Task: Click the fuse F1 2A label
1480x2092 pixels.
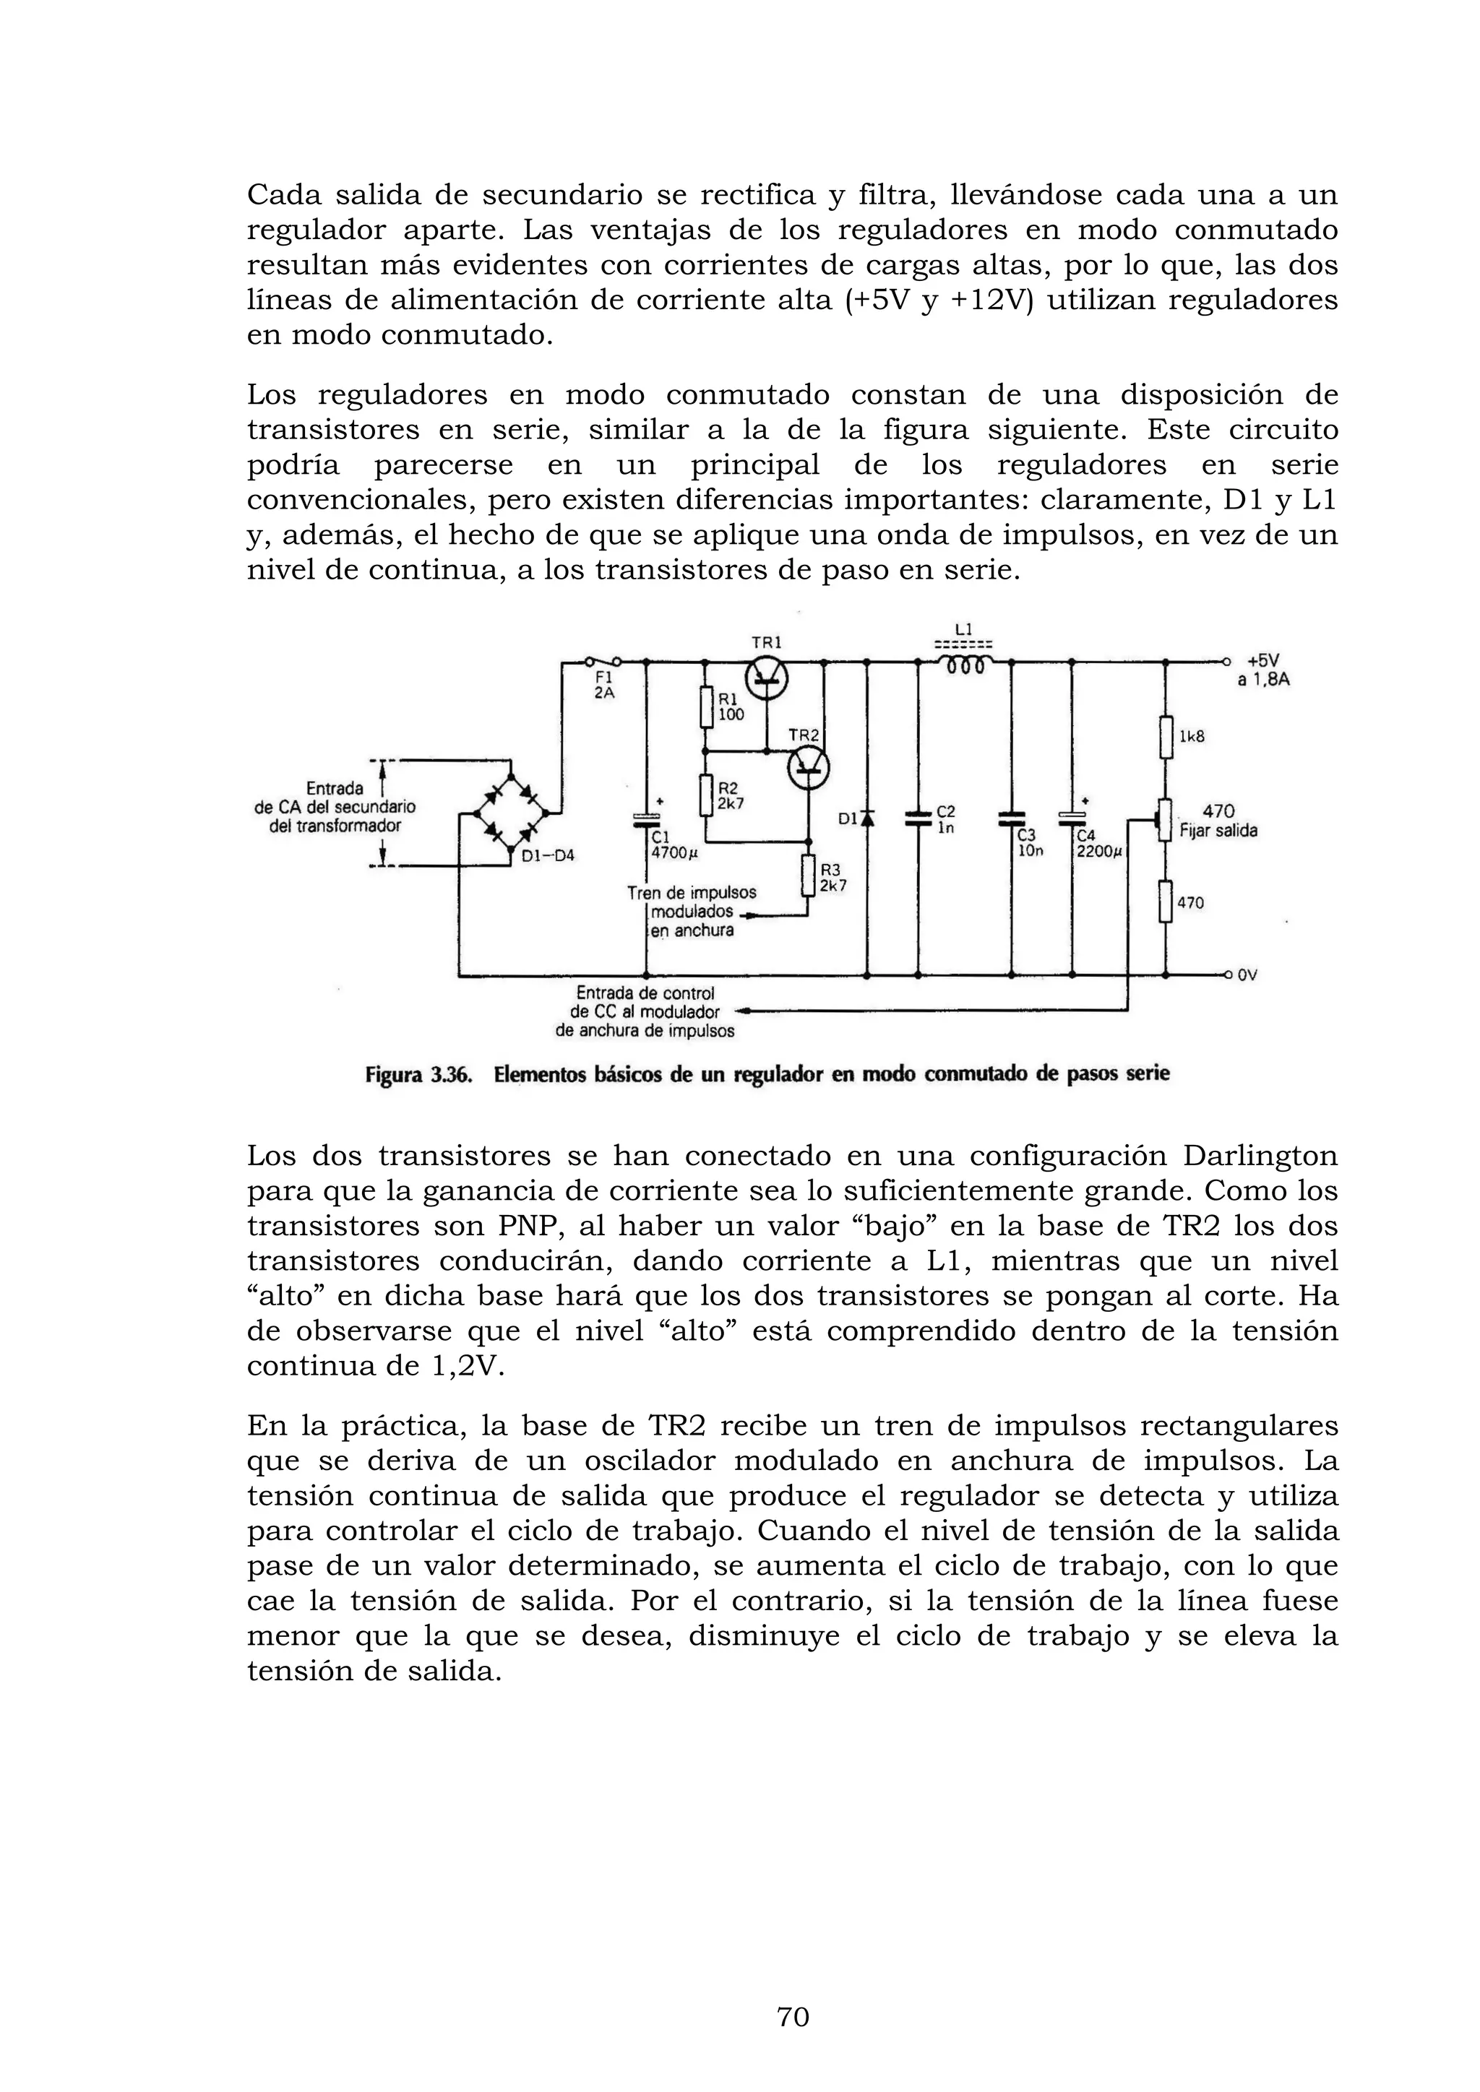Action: tap(604, 686)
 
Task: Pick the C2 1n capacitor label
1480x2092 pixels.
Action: tap(946, 819)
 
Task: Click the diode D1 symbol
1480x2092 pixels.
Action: tap(866, 818)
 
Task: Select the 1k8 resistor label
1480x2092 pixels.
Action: tap(1191, 736)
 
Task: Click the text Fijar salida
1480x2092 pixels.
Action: tap(1218, 831)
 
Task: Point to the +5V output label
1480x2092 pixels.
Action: tap(1263, 660)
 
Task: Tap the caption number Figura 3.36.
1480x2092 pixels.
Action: tap(418, 1075)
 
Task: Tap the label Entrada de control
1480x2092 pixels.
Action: tap(645, 993)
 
